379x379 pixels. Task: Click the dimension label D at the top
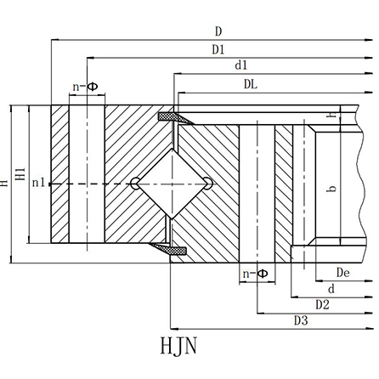[218, 31]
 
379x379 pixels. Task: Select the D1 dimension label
[218, 50]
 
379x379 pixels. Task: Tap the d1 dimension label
[241, 65]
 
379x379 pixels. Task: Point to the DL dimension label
[251, 84]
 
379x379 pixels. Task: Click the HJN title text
[178, 346]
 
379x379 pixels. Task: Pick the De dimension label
[342, 273]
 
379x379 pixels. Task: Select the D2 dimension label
[322, 305]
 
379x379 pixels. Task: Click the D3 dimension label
[301, 320]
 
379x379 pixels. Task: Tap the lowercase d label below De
[331, 289]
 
